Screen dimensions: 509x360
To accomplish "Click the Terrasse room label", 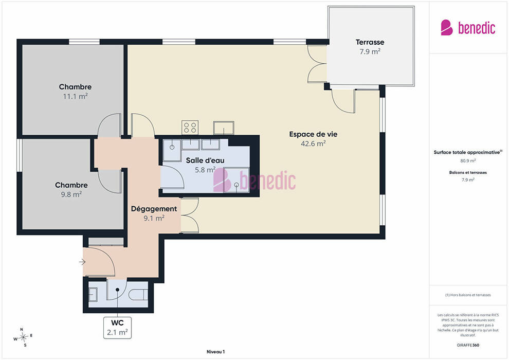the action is click(x=370, y=42).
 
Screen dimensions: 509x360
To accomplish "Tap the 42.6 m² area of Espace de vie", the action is click(x=313, y=143).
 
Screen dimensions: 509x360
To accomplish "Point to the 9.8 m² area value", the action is click(x=71, y=194).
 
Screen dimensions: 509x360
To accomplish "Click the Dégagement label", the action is click(x=154, y=209).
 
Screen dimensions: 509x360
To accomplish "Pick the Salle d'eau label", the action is click(x=205, y=160).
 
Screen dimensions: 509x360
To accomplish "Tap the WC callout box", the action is click(x=118, y=328).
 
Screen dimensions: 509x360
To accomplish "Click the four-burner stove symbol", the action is click(x=190, y=127).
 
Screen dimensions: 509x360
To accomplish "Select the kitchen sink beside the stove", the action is click(x=224, y=128).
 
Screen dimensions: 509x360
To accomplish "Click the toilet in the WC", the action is click(x=138, y=295).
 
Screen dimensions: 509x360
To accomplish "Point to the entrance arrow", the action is click(x=82, y=262).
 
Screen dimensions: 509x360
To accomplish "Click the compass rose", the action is click(x=23, y=337).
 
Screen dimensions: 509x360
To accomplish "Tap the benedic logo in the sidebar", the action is click(x=468, y=28).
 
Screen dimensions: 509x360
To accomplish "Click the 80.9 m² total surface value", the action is click(x=468, y=160).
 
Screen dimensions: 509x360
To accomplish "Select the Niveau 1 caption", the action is click(x=215, y=352).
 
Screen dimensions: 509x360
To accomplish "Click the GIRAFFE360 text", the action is click(x=468, y=345).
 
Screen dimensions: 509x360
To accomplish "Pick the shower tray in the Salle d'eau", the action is click(x=236, y=180).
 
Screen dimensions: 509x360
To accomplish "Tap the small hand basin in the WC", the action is click(x=93, y=294).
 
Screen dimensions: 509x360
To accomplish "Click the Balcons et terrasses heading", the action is click(x=468, y=172).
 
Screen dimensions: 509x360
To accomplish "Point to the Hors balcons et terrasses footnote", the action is click(x=468, y=295).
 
